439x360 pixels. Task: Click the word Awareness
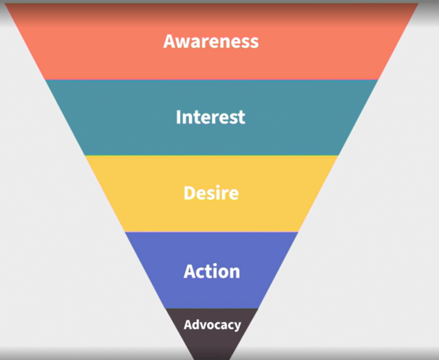[210, 41]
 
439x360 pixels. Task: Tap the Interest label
[210, 117]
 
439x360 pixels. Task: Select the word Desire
[210, 193]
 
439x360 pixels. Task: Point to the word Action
[212, 271]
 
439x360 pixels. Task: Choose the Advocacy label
[212, 325]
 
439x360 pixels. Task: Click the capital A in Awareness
[169, 41]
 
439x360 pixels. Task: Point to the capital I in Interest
[179, 117]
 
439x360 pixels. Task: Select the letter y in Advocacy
[237, 327]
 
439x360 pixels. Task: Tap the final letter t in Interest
[241, 118]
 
